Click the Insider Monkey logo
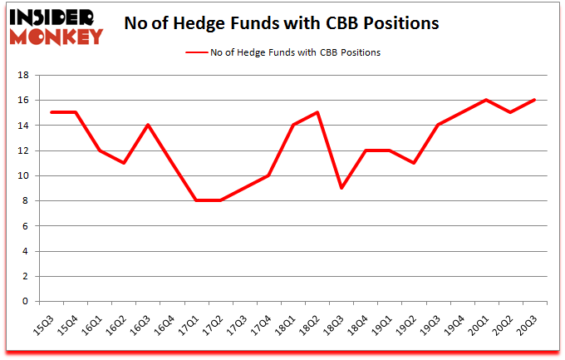56,26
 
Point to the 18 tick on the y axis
24,75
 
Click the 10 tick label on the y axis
24,175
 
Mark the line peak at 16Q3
149,125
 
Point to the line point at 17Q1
197,200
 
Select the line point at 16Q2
125,163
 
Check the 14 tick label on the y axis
24,125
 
